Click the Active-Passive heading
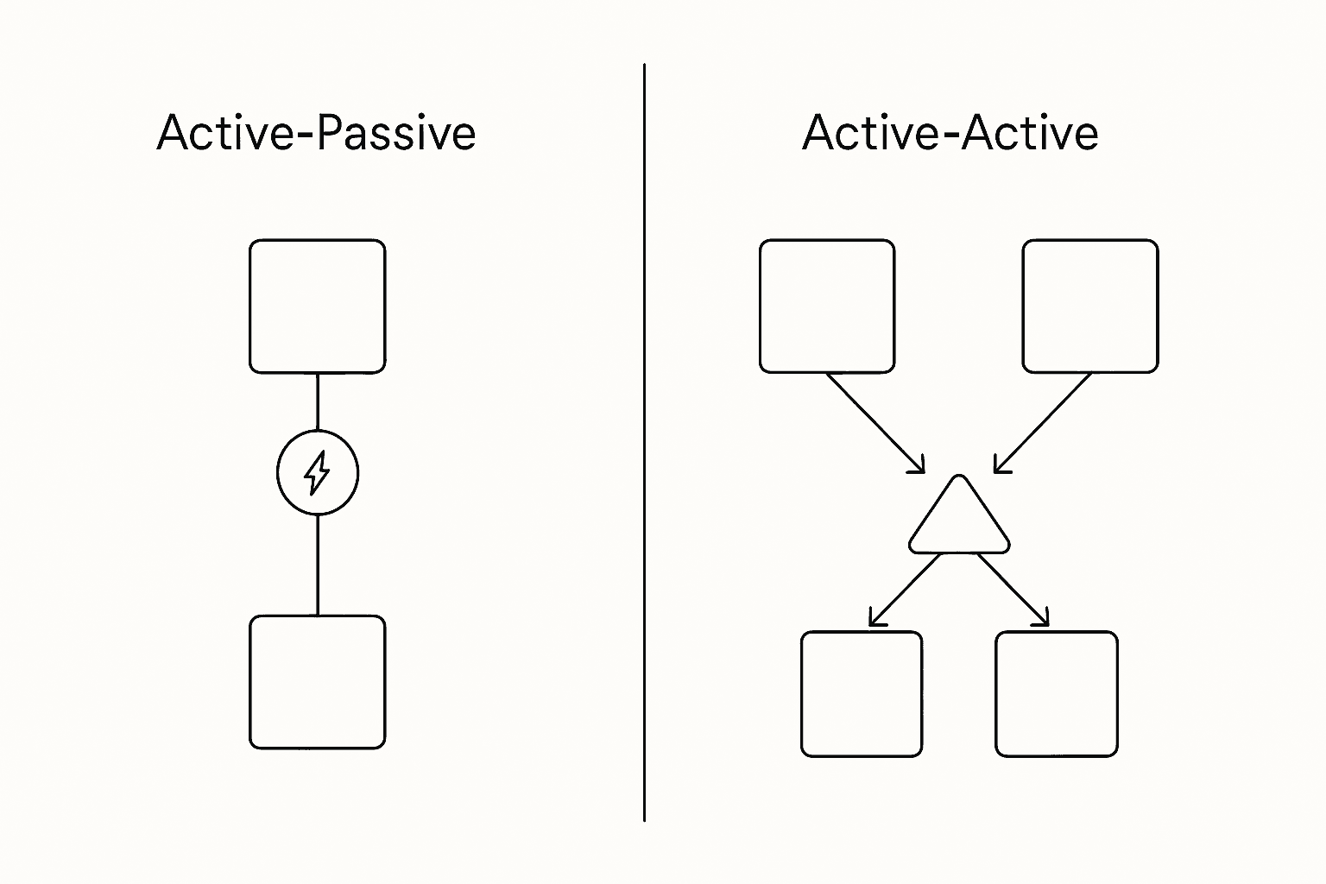pyautogui.click(x=316, y=133)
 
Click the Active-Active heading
pyautogui.click(x=950, y=133)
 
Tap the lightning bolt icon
pyautogui.click(x=318, y=472)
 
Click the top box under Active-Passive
pyautogui.click(x=318, y=306)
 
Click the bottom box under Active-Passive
pyautogui.click(x=318, y=682)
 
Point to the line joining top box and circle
pyautogui.click(x=318, y=402)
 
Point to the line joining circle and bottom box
pyautogui.click(x=318, y=565)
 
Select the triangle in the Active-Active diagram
pyautogui.click(x=958, y=522)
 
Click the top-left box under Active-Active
pyautogui.click(x=827, y=306)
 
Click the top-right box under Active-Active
pyautogui.click(x=1090, y=306)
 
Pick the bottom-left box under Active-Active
pyautogui.click(x=862, y=694)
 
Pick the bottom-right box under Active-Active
pyautogui.click(x=1057, y=694)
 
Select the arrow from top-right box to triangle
pyautogui.click(x=1043, y=423)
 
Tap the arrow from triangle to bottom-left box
pyautogui.click(x=904, y=590)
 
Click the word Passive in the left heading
pyautogui.click(x=396, y=133)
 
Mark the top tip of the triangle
pyautogui.click(x=958, y=477)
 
